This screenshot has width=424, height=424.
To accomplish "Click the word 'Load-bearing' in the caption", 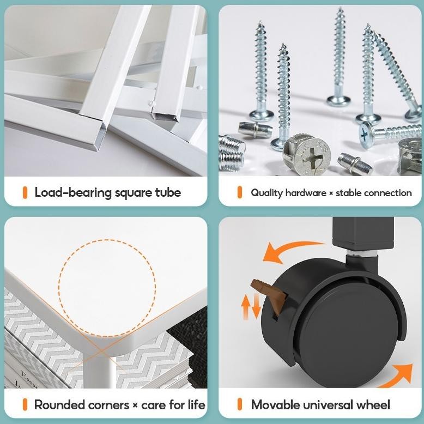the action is pos(73,193).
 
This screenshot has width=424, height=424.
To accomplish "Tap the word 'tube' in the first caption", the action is pos(168,192).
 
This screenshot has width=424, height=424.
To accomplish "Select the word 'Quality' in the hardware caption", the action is pos(266,193).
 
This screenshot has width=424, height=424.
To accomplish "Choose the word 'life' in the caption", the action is pos(197,405).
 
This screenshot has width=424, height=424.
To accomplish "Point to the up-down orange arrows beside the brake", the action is pos(251,306).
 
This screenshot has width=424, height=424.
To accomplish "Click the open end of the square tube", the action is pos(100,135).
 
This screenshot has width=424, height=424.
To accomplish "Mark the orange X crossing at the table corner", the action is pos(101,352).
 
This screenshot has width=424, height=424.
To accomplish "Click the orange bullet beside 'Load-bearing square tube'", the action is pos(25,192).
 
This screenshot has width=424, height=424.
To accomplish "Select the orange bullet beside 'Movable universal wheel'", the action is pos(240,404).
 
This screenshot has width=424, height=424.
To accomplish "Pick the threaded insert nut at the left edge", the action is pos(231,153).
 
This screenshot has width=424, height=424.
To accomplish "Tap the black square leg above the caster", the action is pos(363,234).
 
